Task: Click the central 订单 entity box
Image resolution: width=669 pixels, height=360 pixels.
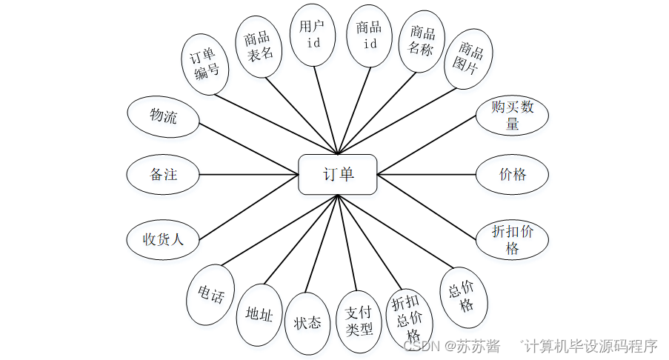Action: click(x=338, y=175)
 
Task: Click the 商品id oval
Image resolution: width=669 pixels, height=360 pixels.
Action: click(x=369, y=35)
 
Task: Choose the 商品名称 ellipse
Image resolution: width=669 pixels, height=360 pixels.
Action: click(x=422, y=41)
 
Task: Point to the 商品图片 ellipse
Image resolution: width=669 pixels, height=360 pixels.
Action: click(x=470, y=59)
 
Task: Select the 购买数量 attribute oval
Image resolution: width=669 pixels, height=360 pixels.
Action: click(x=512, y=115)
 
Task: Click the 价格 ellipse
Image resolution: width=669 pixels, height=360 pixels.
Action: click(x=513, y=175)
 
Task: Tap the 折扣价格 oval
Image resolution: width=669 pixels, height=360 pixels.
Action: click(x=512, y=239)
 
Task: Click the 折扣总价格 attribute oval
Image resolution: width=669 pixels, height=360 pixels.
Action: click(x=409, y=318)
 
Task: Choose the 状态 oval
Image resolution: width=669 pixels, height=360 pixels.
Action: click(x=307, y=323)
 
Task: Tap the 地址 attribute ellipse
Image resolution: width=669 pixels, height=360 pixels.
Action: click(x=259, y=316)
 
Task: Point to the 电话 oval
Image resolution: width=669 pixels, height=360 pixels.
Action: click(x=210, y=295)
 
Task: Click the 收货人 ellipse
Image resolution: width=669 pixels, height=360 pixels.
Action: click(x=163, y=239)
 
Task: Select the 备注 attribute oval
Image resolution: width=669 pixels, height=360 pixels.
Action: click(x=163, y=175)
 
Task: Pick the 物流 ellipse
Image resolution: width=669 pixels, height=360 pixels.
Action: click(x=163, y=116)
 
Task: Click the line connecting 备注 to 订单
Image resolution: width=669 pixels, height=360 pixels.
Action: click(x=249, y=175)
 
